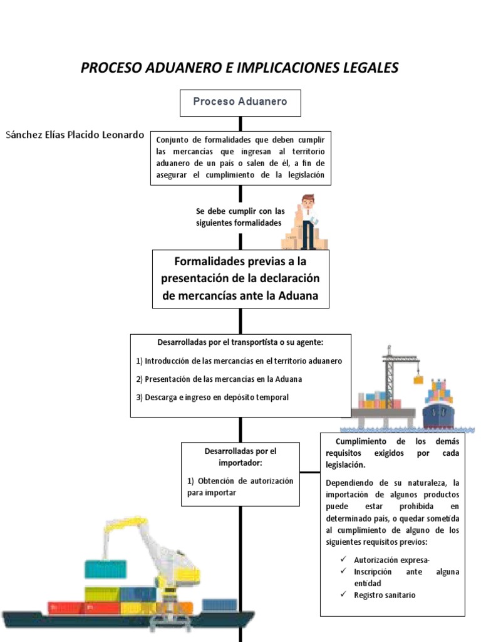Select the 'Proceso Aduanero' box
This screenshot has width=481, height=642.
click(240, 103)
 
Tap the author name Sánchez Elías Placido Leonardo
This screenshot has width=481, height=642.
click(75, 135)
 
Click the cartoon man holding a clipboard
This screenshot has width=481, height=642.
click(308, 221)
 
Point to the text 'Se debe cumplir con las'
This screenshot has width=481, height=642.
click(240, 211)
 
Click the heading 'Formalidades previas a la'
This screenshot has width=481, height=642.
click(240, 261)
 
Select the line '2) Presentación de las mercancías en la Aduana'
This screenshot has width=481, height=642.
click(219, 379)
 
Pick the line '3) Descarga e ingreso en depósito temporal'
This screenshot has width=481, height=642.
click(212, 397)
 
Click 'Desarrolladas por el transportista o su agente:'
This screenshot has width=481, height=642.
click(240, 342)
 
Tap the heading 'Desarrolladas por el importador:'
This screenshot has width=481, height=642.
click(240, 457)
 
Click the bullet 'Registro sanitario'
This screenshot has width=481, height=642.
click(385, 595)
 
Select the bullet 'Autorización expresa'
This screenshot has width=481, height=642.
click(391, 560)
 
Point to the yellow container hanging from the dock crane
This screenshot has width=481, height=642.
click(418, 380)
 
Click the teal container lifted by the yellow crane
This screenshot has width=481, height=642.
click(105, 570)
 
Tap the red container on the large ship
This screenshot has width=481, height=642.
click(83, 608)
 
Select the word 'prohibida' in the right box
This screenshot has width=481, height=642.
click(416, 507)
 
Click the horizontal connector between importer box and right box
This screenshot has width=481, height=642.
click(310, 472)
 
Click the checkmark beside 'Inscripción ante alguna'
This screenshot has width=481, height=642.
click(343, 571)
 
